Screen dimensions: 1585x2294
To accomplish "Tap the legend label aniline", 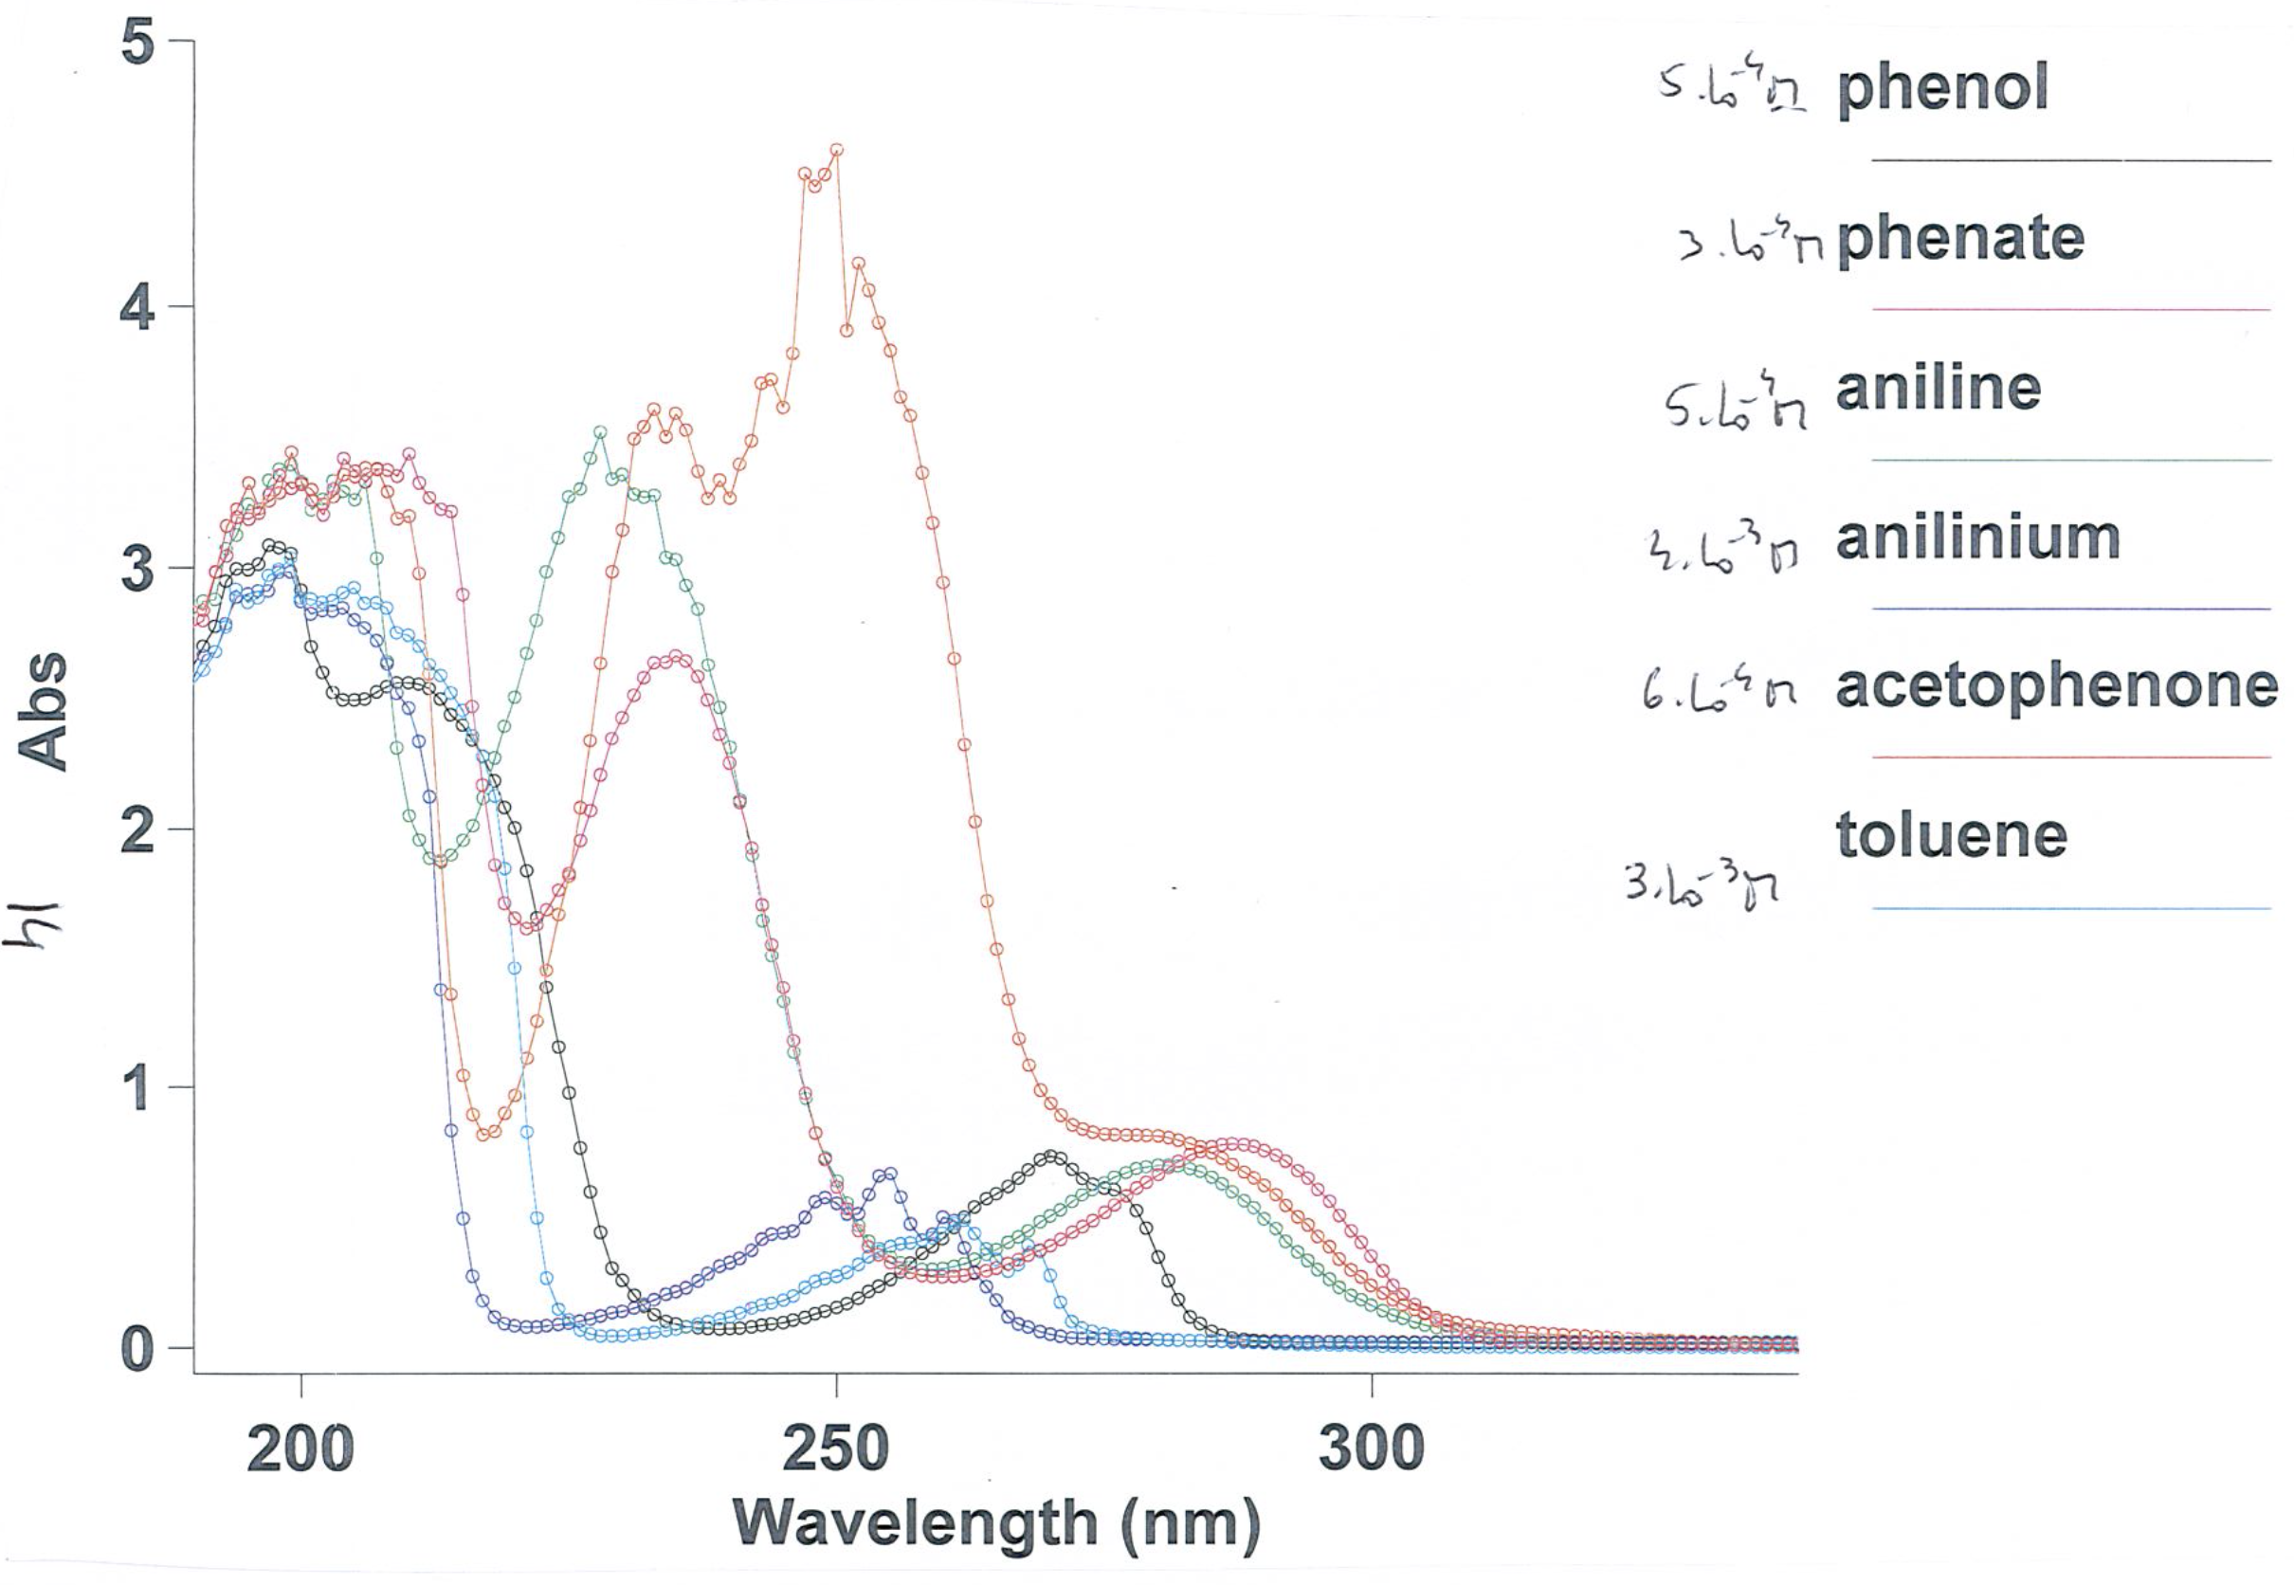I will (x=1938, y=389).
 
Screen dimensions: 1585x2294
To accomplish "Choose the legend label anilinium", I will (x=1977, y=538).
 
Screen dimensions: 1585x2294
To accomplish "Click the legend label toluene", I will (x=1951, y=835).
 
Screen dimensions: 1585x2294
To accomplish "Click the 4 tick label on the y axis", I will (x=138, y=307).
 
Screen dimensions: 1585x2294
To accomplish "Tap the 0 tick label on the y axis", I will (x=138, y=1348).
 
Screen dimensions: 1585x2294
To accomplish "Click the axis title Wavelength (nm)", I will (x=996, y=1524).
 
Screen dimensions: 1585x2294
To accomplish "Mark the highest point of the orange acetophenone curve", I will (x=836, y=150).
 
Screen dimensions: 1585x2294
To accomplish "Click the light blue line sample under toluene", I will (x=2070, y=909).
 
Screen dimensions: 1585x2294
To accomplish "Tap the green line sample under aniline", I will (x=2070, y=460).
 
